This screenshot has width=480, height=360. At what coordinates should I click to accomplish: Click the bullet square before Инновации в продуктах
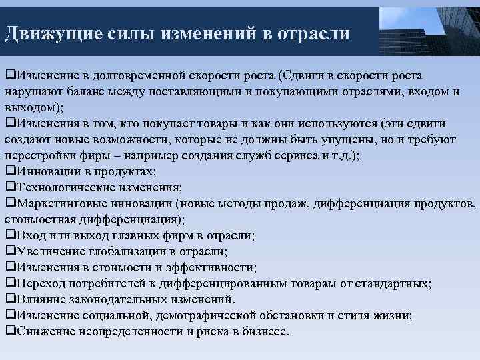click(x=9, y=171)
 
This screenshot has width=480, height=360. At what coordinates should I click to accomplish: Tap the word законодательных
click(x=118, y=299)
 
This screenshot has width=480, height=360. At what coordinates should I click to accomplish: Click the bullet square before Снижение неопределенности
click(x=9, y=331)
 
